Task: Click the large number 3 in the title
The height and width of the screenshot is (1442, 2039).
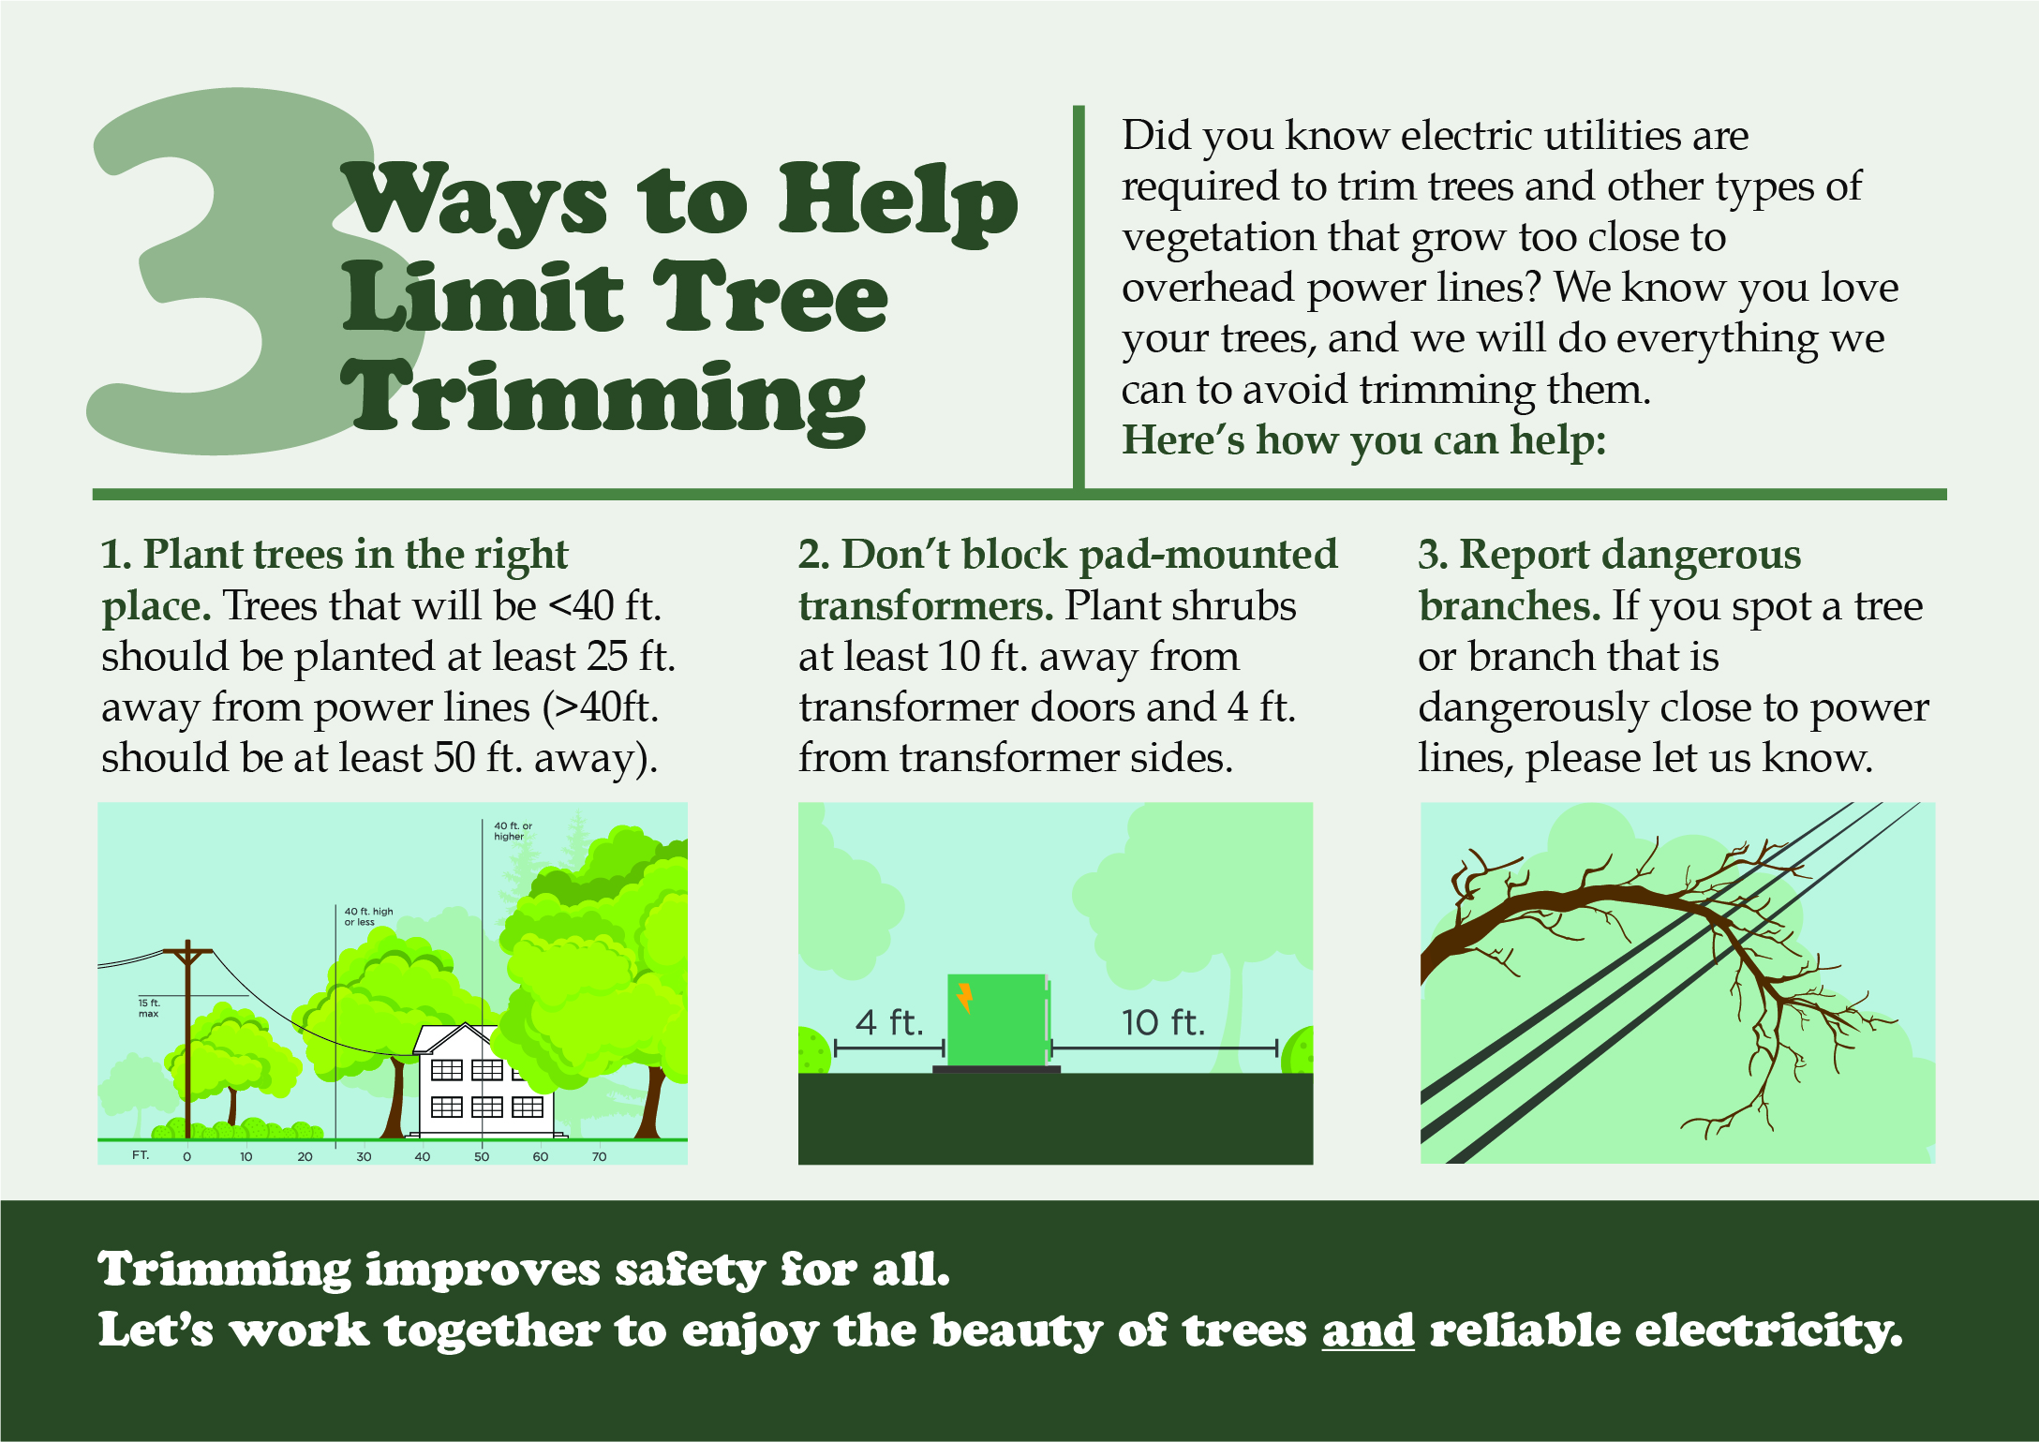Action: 234,272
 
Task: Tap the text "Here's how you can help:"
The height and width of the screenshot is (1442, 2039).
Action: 1364,440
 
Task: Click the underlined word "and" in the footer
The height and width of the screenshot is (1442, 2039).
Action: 1368,1330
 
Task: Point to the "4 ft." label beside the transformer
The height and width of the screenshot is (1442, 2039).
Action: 889,1022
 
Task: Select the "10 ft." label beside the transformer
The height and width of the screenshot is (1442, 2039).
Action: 1163,1022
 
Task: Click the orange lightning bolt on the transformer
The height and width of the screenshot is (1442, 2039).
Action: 964,998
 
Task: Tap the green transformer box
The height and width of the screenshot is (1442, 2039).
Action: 997,1019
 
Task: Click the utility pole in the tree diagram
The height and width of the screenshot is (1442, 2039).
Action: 187,1040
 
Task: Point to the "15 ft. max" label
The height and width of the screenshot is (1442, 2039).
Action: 149,1008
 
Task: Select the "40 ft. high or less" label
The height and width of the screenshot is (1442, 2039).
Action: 368,916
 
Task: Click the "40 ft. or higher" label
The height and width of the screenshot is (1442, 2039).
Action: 513,831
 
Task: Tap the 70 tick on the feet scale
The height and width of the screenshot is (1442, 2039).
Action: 599,1156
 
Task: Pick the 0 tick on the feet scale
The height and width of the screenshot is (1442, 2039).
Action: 187,1156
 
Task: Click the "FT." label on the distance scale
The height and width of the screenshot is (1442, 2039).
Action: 141,1155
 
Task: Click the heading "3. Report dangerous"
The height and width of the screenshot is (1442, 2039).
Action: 1609,555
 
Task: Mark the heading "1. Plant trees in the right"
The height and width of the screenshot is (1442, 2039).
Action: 335,555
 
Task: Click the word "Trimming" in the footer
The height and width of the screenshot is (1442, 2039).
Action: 225,1271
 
